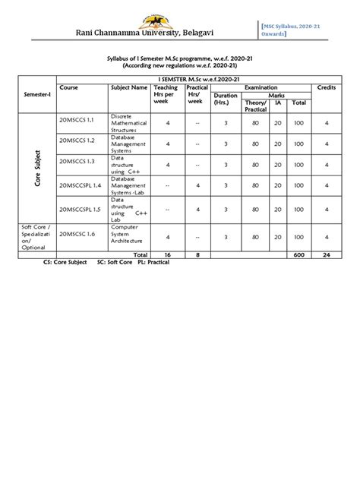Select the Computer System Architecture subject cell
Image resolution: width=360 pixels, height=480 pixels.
pos(126,236)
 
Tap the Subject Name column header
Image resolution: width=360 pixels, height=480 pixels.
pos(129,88)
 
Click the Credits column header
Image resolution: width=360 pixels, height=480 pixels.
pos(327,88)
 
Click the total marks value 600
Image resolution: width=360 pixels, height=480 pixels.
pos(298,255)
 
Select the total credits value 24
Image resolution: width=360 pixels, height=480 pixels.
pos(327,255)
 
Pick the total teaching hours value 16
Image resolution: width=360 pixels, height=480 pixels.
pos(168,255)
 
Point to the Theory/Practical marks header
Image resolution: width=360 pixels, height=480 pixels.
pos(256,106)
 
